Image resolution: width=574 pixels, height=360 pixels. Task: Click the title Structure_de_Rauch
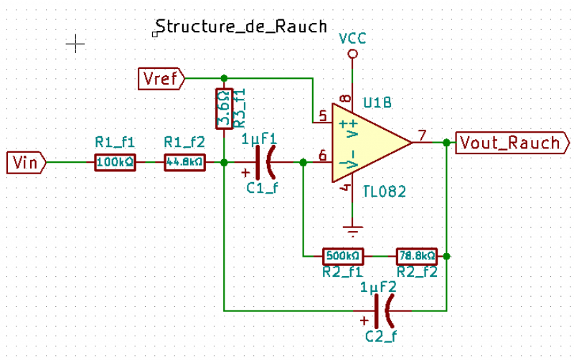pos(241,27)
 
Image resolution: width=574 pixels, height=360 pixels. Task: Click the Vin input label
pos(25,163)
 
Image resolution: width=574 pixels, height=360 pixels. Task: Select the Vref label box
pos(161,77)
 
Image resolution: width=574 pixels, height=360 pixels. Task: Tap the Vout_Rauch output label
pos(509,143)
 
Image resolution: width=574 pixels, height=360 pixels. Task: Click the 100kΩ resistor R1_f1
pos(115,163)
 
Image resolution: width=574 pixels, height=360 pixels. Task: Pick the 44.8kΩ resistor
pos(184,163)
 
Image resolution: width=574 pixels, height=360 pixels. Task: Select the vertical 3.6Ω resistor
pos(224,109)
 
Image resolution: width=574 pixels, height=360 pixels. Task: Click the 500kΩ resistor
pos(343,255)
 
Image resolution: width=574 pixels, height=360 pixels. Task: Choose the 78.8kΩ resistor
pos(416,255)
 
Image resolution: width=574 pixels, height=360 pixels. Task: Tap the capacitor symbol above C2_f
pos(386,311)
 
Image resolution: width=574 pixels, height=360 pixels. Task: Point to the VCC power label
pos(352,38)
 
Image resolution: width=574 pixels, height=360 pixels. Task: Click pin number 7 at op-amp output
pos(422,135)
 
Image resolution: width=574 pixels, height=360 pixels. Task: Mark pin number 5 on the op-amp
pos(322,114)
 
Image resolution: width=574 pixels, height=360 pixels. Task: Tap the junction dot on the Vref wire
pos(224,77)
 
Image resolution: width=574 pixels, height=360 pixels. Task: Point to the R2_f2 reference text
pos(416,272)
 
